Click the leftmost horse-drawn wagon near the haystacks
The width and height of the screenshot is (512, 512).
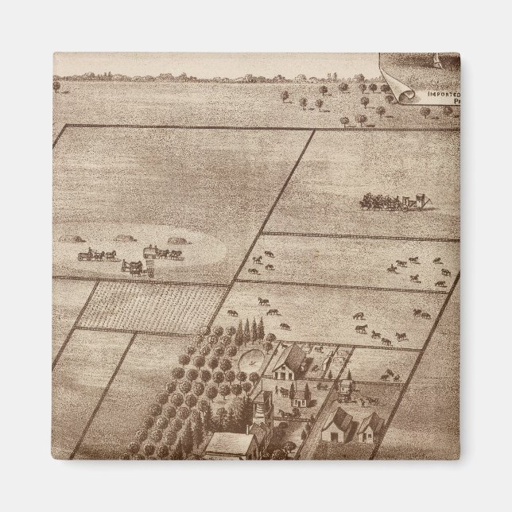(95, 255)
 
